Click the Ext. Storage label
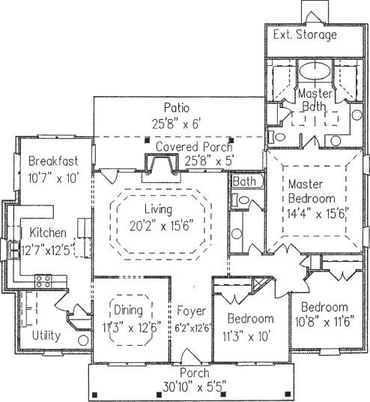point(305,34)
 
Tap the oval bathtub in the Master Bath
point(315,70)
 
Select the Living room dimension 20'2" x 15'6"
point(161,226)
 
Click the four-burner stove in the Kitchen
point(43,281)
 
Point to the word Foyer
point(191,311)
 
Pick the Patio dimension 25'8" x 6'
point(176,124)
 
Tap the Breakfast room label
point(53,161)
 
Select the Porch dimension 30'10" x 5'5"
point(195,387)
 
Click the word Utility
point(46,335)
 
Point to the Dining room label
point(128,310)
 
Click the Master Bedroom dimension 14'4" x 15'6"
point(318,214)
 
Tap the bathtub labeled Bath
point(247,181)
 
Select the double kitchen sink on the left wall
point(14,249)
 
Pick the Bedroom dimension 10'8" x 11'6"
point(324,322)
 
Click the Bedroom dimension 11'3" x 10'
point(246,336)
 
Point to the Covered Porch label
point(194,147)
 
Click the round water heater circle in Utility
point(83,340)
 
